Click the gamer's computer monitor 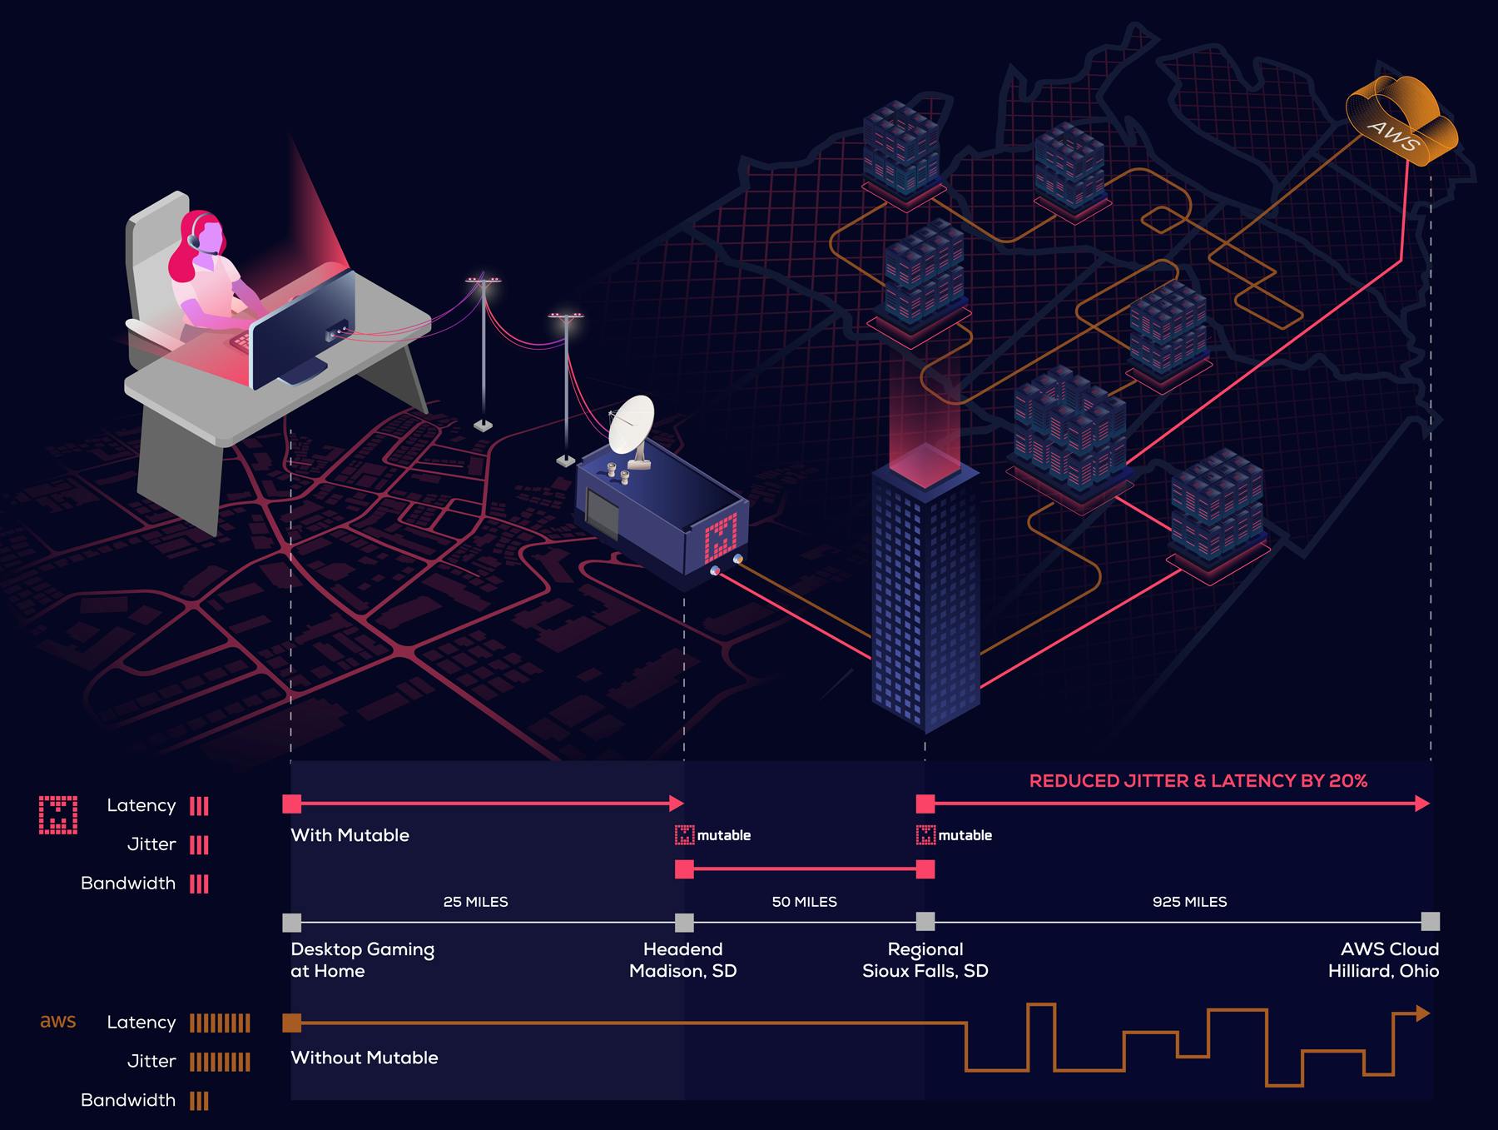304,328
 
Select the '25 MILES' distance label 475,902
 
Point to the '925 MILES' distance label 1189,902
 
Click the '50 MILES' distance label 804,902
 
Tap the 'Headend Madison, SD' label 683,960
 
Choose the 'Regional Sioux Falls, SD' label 925,960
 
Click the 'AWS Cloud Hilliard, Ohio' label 1383,960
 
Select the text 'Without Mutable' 365,1058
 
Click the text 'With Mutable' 350,835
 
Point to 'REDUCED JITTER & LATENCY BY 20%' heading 1198,781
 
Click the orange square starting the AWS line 292,1023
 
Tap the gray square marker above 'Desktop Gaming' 292,923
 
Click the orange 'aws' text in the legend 58,1022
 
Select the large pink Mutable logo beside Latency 58,814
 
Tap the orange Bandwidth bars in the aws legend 199,1101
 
